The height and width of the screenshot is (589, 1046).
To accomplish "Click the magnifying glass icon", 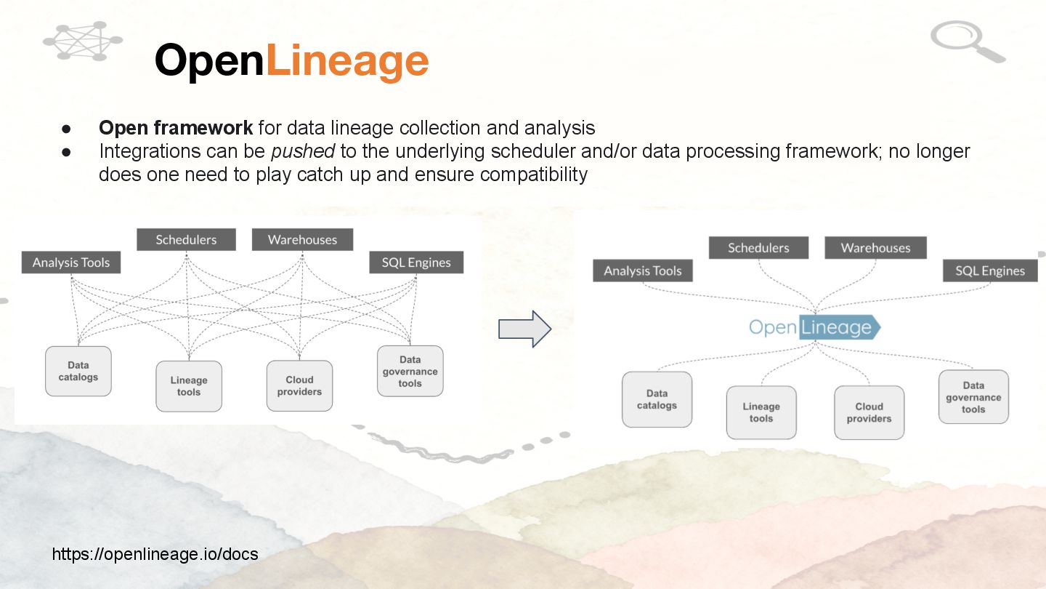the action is click(x=966, y=41).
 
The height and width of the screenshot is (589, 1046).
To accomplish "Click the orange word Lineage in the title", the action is click(x=347, y=60).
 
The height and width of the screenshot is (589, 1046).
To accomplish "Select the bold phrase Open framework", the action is click(x=176, y=128).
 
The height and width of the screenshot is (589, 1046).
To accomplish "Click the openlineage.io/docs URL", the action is click(x=155, y=554).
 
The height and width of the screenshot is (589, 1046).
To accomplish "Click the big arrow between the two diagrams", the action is click(x=524, y=329).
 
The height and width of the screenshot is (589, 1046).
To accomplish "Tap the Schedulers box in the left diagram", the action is click(x=186, y=239).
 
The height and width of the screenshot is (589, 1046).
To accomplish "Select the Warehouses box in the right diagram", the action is click(x=875, y=248).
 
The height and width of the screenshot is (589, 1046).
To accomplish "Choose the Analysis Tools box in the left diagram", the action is click(x=71, y=263).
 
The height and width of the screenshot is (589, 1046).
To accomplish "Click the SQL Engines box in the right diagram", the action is click(x=990, y=271).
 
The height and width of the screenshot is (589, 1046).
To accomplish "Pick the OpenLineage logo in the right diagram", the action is click(x=814, y=327).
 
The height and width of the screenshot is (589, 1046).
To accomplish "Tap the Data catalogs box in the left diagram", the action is click(x=78, y=371).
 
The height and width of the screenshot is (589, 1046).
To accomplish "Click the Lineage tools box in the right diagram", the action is click(x=761, y=412).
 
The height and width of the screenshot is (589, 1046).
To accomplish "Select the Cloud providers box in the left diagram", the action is click(x=299, y=385).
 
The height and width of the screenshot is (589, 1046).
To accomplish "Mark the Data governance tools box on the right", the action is click(x=973, y=397).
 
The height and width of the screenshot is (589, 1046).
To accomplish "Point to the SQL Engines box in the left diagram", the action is click(x=416, y=263).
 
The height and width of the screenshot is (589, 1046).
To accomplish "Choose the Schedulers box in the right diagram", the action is click(x=758, y=248).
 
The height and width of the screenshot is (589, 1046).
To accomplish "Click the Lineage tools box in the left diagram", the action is click(x=189, y=386).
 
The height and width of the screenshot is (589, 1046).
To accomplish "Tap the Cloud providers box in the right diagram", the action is click(x=869, y=412).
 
